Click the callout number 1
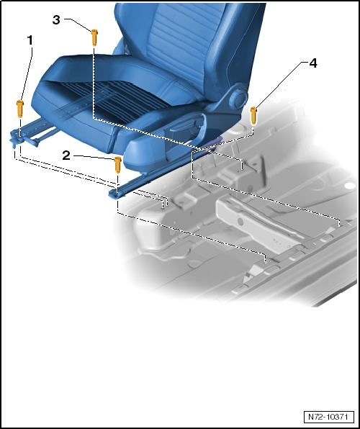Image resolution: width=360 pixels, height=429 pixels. click(x=30, y=41)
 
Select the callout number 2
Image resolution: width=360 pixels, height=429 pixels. click(x=66, y=155)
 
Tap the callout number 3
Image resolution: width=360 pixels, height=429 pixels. click(x=56, y=20)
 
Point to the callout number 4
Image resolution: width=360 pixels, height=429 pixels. click(x=313, y=63)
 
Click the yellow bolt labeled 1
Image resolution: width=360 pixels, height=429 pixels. click(x=20, y=109)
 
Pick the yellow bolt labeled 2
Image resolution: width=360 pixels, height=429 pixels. click(x=117, y=165)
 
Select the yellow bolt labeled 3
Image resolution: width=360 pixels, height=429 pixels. click(x=94, y=37)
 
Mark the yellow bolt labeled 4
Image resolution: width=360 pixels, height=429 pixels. click(x=253, y=116)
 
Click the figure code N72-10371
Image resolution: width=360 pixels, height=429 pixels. click(x=328, y=417)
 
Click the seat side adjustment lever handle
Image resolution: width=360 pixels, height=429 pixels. click(x=186, y=125)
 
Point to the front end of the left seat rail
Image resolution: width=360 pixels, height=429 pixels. click(x=21, y=139)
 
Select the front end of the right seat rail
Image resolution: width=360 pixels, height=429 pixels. click(x=117, y=193)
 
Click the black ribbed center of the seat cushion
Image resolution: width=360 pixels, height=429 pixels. click(x=115, y=99)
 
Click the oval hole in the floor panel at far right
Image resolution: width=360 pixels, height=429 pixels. click(x=350, y=186)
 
